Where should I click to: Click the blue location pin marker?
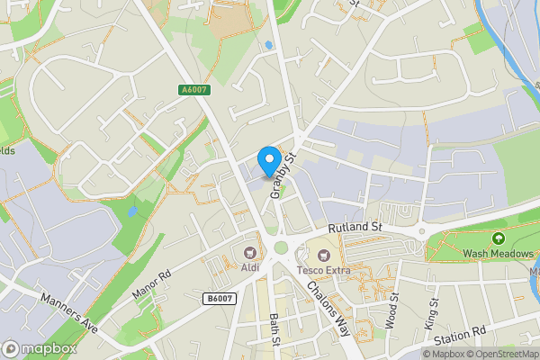pyautogui.click(x=268, y=160)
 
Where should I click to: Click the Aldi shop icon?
pyautogui.click(x=249, y=252)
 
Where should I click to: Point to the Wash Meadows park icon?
pyautogui.click(x=499, y=238)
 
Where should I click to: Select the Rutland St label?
pyautogui.click(x=355, y=229)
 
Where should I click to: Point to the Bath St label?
pyautogui.click(x=275, y=330)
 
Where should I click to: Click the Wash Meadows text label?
pyautogui.click(x=498, y=255)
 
